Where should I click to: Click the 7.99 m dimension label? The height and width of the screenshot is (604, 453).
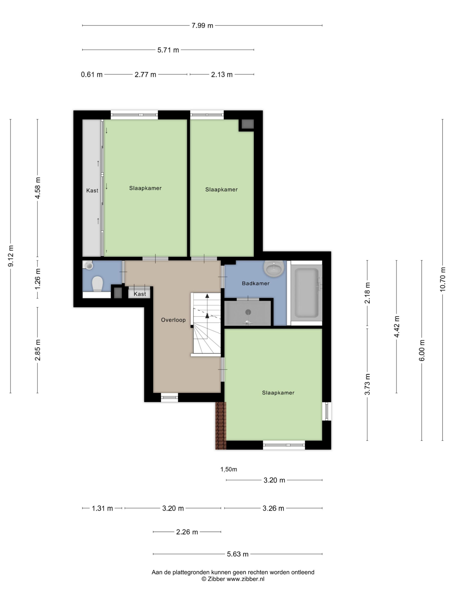(x=202, y=26)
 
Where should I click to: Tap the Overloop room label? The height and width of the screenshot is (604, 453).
(x=173, y=320)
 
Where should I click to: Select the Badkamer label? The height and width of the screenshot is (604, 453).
(x=256, y=283)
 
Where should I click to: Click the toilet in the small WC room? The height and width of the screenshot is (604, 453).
(x=97, y=283)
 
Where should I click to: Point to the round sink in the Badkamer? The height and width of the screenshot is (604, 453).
(x=274, y=268)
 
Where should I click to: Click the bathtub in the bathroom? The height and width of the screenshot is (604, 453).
(x=306, y=293)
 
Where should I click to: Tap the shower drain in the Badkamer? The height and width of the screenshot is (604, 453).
(x=248, y=312)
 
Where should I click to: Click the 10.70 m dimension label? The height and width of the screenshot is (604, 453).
(x=442, y=279)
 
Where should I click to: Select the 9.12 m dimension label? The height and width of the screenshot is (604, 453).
(x=10, y=256)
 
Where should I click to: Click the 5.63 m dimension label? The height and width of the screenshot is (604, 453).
(x=238, y=554)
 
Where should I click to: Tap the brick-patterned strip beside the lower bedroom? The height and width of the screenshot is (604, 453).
(x=221, y=425)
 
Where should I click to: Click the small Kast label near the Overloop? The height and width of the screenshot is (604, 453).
(x=140, y=294)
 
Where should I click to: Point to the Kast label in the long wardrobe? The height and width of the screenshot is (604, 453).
(x=92, y=191)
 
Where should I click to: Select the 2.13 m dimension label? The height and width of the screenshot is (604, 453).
(x=222, y=75)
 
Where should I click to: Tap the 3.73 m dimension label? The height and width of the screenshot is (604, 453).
(x=367, y=384)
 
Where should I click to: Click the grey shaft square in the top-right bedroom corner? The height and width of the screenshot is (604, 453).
(x=248, y=124)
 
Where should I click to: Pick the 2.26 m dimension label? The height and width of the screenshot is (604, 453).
(x=187, y=532)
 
